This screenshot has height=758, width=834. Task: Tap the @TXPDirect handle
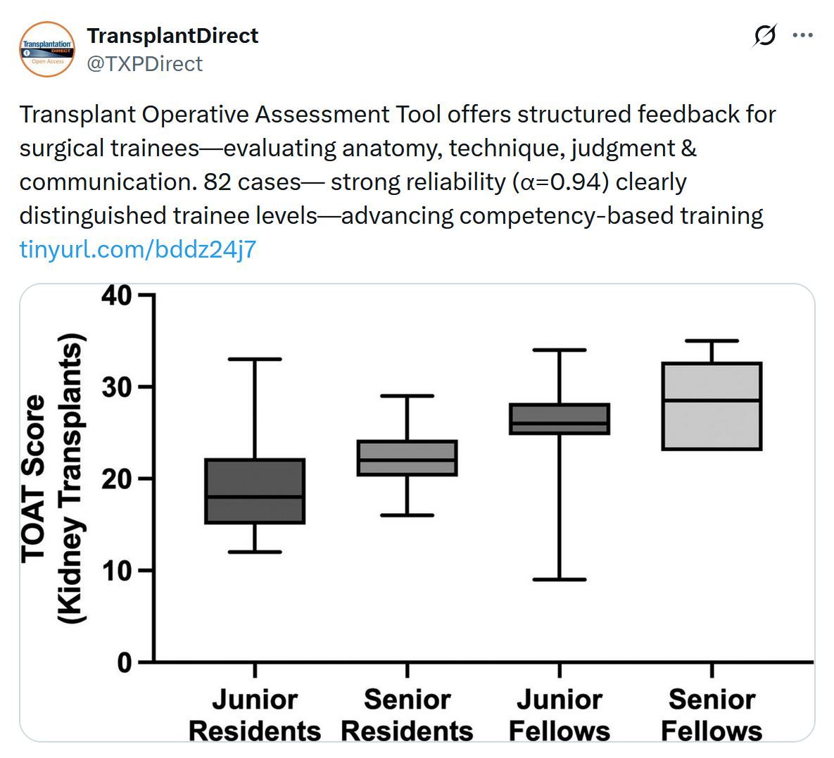click(144, 64)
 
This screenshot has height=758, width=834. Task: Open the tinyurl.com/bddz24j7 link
click(138, 249)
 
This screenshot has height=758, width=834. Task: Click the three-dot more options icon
click(803, 36)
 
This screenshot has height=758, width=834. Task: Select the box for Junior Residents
click(255, 491)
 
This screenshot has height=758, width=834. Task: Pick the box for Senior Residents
click(407, 458)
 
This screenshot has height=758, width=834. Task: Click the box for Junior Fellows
click(560, 419)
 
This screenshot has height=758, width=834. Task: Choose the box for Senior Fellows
click(712, 406)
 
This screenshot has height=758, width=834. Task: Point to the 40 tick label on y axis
click(117, 296)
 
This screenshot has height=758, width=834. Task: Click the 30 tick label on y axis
click(117, 387)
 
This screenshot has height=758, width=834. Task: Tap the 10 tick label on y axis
click(117, 571)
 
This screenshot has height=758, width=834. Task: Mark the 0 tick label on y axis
click(125, 663)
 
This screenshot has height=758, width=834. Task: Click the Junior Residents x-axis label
click(255, 715)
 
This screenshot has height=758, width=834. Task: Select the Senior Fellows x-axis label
click(712, 715)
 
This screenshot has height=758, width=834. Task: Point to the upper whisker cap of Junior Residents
click(255, 359)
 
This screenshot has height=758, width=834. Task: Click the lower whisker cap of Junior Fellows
click(560, 579)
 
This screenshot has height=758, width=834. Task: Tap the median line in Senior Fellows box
click(712, 400)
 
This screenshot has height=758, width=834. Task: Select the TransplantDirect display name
click(172, 36)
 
